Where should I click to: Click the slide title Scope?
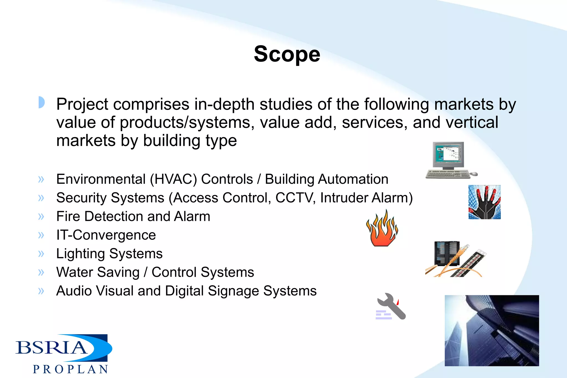tap(287, 54)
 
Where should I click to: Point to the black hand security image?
tap(484, 202)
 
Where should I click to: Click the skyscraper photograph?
tap(492, 330)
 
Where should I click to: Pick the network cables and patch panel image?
tap(456, 259)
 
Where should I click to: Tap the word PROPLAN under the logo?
tap(70, 369)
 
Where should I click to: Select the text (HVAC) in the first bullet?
tap(173, 179)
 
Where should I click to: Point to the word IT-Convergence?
tap(106, 235)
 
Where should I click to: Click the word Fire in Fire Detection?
tap(68, 216)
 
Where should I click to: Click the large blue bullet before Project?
tap(41, 102)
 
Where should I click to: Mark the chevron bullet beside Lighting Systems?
tap(41, 254)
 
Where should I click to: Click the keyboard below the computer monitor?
tap(448, 174)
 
